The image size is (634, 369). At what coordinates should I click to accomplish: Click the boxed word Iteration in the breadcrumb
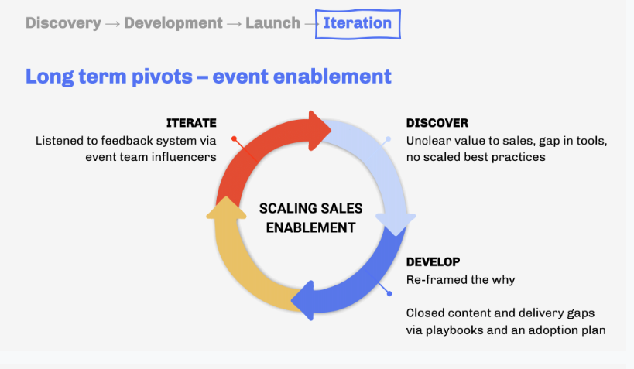(357, 23)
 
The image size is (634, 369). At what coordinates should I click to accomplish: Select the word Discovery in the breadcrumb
(63, 23)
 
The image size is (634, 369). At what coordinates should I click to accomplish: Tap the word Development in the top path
(173, 23)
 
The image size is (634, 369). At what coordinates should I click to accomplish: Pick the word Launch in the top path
(272, 23)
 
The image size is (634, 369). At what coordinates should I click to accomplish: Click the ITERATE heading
(191, 123)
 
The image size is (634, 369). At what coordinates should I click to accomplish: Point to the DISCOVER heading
(437, 123)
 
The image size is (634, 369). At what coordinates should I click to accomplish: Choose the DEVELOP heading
(434, 261)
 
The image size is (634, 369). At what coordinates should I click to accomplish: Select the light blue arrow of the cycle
(383, 170)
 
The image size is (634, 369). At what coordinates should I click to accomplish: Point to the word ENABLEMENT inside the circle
(310, 227)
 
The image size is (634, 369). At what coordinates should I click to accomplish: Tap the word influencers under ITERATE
(183, 157)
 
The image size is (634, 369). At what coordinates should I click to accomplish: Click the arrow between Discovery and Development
(112, 23)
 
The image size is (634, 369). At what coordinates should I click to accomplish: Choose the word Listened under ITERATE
(62, 141)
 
